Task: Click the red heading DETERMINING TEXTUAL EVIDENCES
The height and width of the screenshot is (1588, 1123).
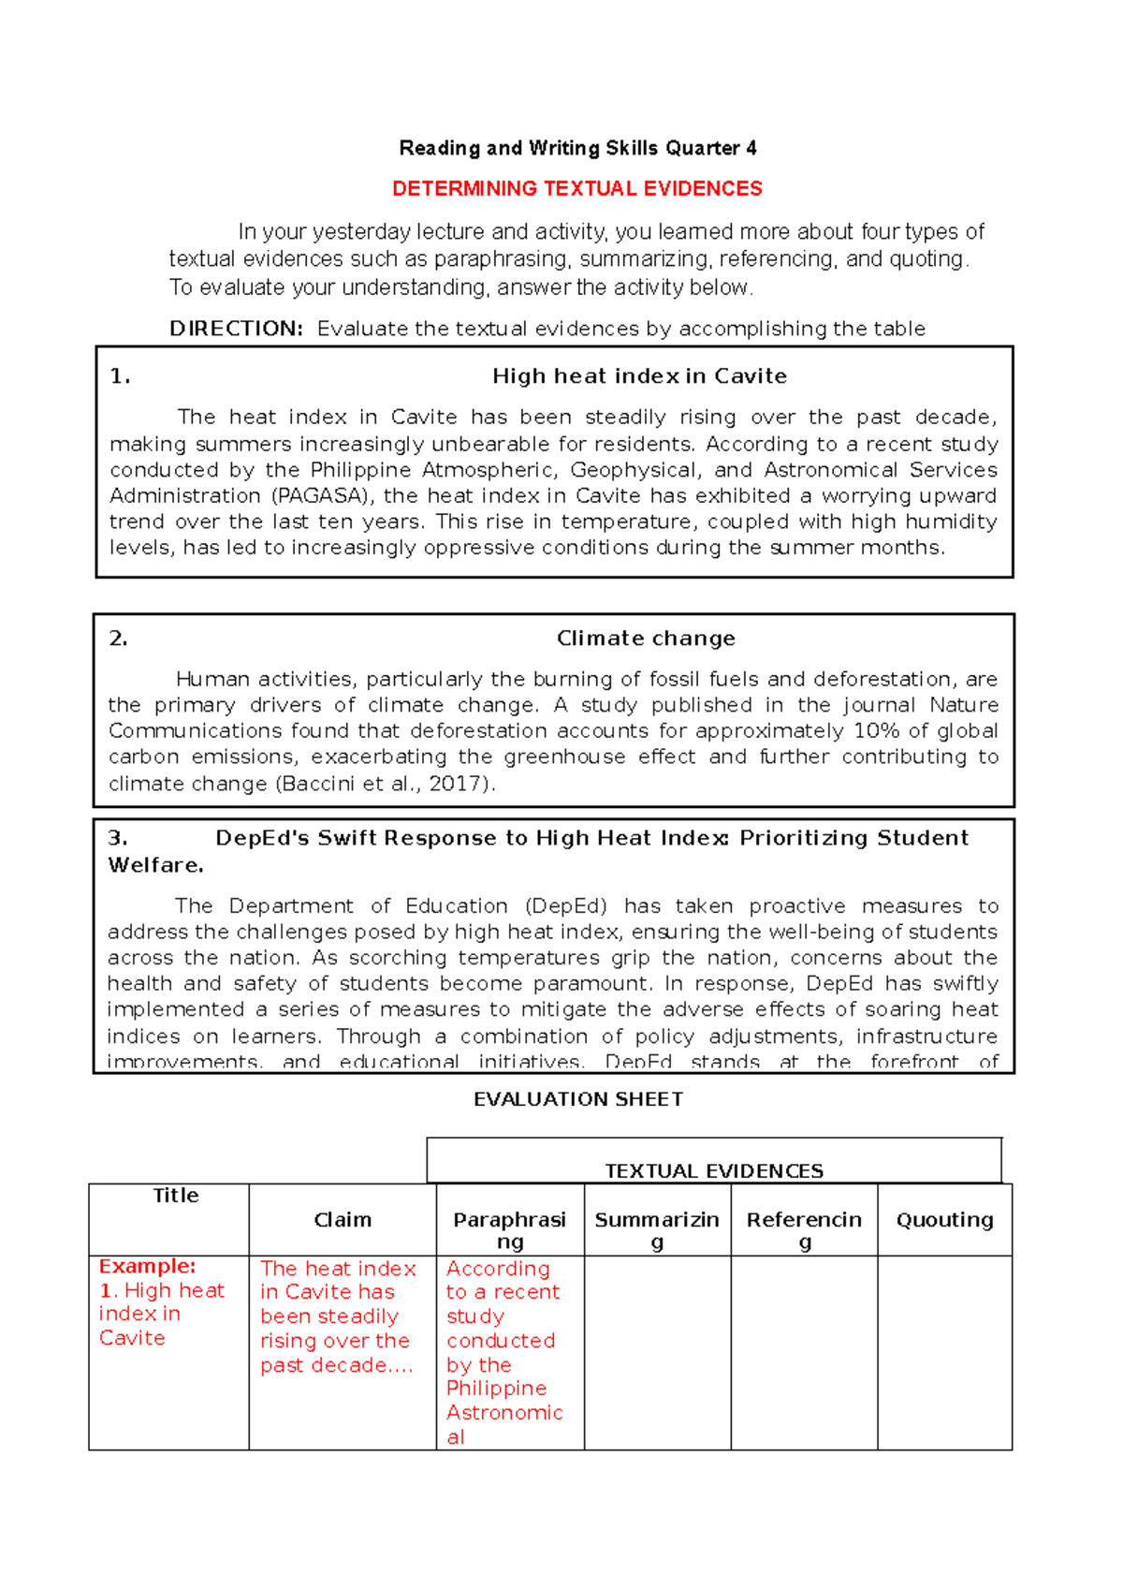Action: pyautogui.click(x=576, y=188)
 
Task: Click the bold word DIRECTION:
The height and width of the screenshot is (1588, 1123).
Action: pyautogui.click(x=236, y=329)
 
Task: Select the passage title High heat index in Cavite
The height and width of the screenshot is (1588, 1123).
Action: pyautogui.click(x=639, y=376)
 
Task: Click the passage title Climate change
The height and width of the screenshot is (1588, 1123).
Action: pyautogui.click(x=646, y=639)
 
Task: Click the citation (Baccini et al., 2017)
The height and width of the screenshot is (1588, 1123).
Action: pyautogui.click(x=385, y=784)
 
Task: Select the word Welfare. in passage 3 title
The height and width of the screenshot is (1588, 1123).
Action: pyautogui.click(x=155, y=865)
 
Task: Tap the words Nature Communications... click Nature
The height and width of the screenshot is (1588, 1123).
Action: pyautogui.click(x=964, y=705)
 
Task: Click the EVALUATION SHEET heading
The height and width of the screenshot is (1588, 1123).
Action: pyautogui.click(x=578, y=1099)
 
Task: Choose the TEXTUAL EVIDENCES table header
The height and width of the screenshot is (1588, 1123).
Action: pyautogui.click(x=714, y=1170)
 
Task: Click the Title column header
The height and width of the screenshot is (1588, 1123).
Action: pyautogui.click(x=176, y=1196)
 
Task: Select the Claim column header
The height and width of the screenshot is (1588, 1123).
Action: pyautogui.click(x=343, y=1220)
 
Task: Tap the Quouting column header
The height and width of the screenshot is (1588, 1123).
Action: pyautogui.click(x=944, y=1220)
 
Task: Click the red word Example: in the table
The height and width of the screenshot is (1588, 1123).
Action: pyautogui.click(x=147, y=1266)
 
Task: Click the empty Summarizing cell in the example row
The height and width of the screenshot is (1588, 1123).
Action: pyautogui.click(x=657, y=1352)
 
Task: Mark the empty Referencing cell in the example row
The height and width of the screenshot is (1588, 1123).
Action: pyautogui.click(x=804, y=1352)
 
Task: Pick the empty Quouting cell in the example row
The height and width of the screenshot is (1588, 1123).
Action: pyautogui.click(x=944, y=1352)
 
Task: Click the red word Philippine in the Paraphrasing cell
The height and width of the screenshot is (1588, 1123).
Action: pyautogui.click(x=496, y=1389)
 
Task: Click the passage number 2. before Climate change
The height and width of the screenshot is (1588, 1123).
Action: pyautogui.click(x=118, y=639)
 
